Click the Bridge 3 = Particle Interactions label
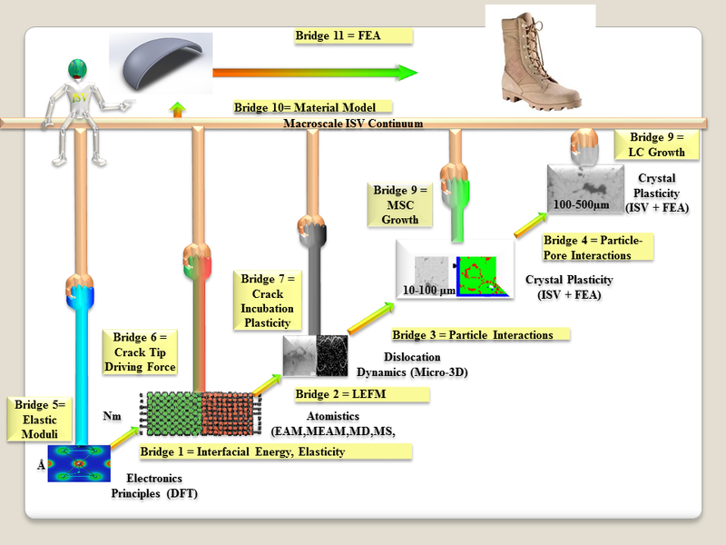(x=478, y=334)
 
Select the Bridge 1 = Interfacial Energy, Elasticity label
(x=274, y=451)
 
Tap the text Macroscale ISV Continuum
(x=353, y=124)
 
